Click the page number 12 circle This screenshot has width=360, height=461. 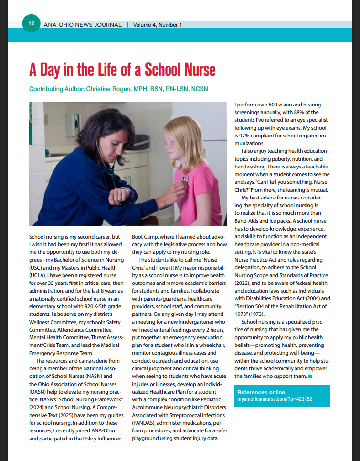(31, 23)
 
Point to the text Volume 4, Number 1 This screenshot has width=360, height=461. (158, 24)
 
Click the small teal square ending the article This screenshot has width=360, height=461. (310, 377)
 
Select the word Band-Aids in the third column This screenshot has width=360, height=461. (249, 221)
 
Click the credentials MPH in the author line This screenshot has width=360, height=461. (133, 89)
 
